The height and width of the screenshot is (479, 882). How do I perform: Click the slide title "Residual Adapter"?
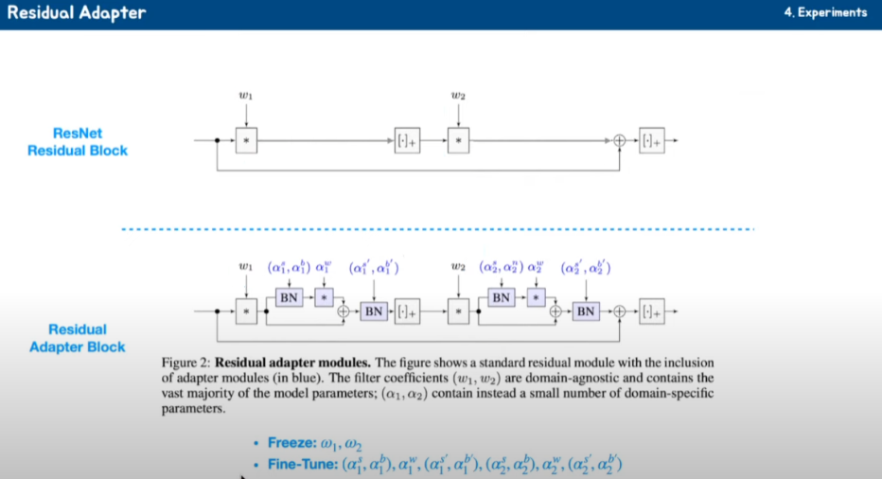[77, 14]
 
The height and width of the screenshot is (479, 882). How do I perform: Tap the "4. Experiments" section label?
[825, 13]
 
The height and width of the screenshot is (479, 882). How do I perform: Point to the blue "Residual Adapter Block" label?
[77, 338]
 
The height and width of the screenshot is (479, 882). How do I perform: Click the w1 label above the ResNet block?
[246, 96]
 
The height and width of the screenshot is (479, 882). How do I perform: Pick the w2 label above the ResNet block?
[458, 96]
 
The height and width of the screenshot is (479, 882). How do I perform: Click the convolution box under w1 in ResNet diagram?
[246, 140]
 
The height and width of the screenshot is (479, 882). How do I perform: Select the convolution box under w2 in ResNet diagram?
[458, 140]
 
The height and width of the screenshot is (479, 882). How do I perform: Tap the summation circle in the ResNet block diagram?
[620, 140]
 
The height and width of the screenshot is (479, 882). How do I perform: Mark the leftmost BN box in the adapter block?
[290, 297]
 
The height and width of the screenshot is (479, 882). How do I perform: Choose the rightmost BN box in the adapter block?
[586, 310]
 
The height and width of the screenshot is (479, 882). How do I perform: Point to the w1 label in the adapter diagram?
[246, 267]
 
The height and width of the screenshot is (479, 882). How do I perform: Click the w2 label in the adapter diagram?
[458, 267]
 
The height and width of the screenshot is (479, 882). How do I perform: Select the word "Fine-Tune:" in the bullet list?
[303, 464]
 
